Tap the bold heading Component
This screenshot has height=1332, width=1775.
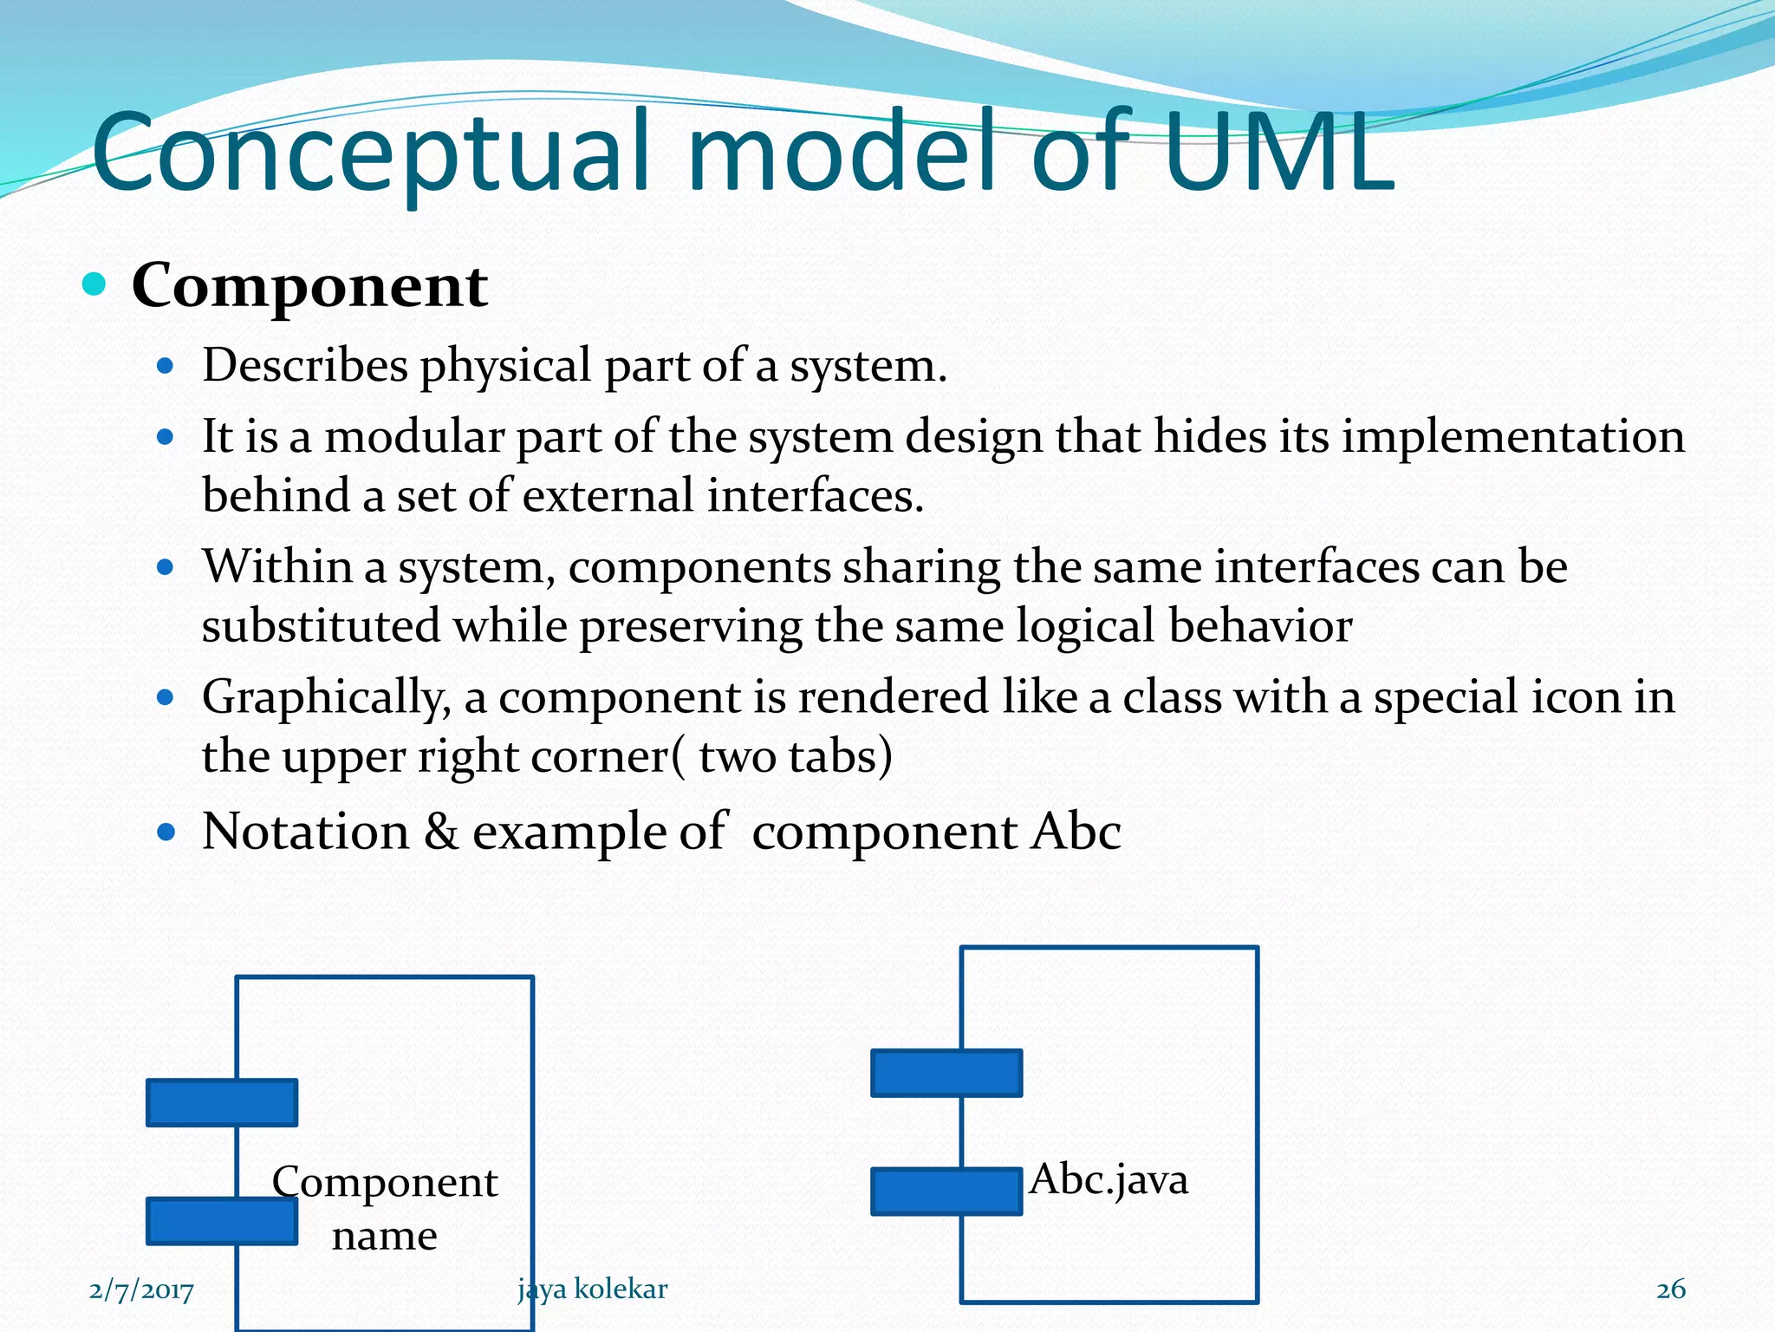point(309,286)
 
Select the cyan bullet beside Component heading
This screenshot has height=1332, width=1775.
point(94,284)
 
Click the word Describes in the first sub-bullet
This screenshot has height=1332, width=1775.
point(304,366)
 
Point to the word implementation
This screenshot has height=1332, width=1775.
point(1512,436)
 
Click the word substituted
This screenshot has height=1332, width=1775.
point(321,626)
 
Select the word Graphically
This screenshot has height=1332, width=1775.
point(325,697)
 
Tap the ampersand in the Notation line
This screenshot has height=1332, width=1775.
point(440,832)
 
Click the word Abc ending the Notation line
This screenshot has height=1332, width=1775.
point(1076,832)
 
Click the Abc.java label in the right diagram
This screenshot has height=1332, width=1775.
point(1109,1179)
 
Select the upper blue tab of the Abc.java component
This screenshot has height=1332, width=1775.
point(946,1073)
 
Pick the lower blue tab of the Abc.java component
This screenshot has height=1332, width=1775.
point(946,1191)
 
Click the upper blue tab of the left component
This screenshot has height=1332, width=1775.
point(222,1102)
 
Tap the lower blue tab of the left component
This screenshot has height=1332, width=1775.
point(222,1221)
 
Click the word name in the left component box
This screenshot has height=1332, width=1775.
point(384,1236)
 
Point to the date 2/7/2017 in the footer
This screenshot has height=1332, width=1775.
point(141,1290)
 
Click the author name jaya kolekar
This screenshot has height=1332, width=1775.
point(593,1290)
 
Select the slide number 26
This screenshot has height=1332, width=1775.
point(1670,1290)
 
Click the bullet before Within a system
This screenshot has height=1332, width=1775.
point(166,568)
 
